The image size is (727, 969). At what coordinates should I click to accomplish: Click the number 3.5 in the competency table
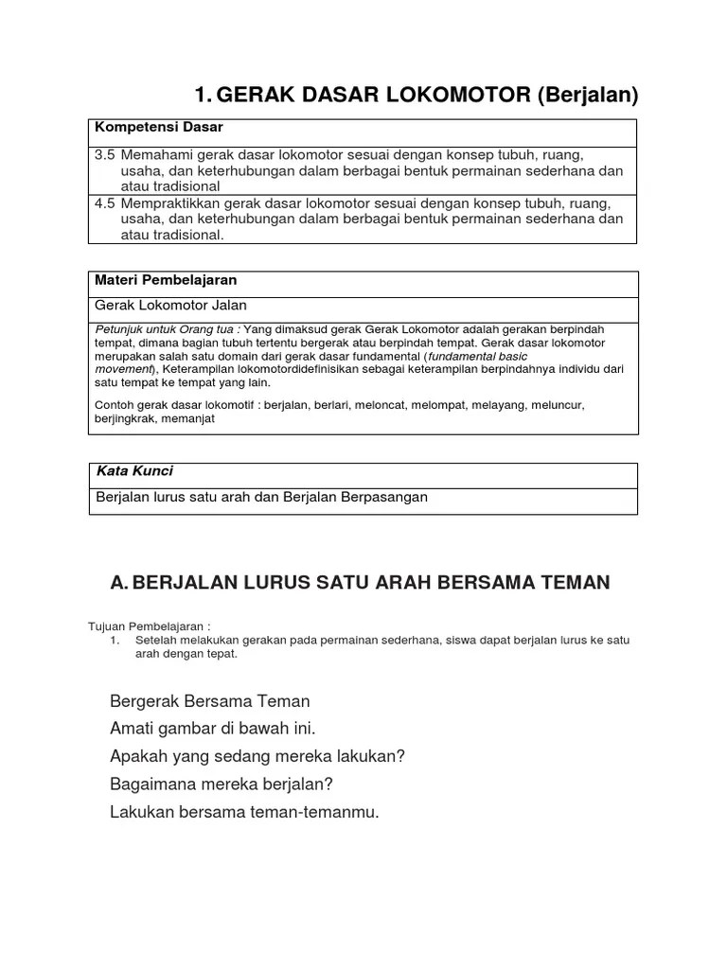point(105,154)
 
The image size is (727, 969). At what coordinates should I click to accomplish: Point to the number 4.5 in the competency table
point(105,203)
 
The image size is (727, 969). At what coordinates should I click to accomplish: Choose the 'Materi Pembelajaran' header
point(165,280)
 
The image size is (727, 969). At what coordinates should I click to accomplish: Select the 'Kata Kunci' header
point(134,470)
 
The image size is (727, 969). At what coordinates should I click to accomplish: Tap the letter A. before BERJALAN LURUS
point(119,583)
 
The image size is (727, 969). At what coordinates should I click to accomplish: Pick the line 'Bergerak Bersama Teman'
point(210,701)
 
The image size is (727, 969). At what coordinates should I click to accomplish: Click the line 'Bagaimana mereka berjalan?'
point(222,784)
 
